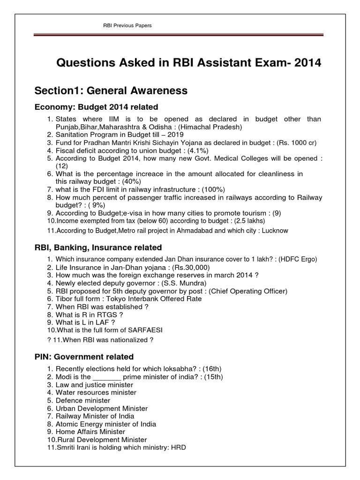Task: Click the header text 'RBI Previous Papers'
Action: pyautogui.click(x=127, y=25)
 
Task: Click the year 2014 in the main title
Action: pyautogui.click(x=307, y=63)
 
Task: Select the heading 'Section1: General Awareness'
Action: pyautogui.click(x=111, y=90)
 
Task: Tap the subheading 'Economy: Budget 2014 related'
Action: pyautogui.click(x=97, y=107)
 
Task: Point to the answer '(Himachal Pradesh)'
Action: pyautogui.click(x=214, y=127)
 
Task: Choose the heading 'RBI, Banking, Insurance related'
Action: pyautogui.click(x=98, y=247)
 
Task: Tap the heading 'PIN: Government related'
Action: pyautogui.click(x=84, y=357)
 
